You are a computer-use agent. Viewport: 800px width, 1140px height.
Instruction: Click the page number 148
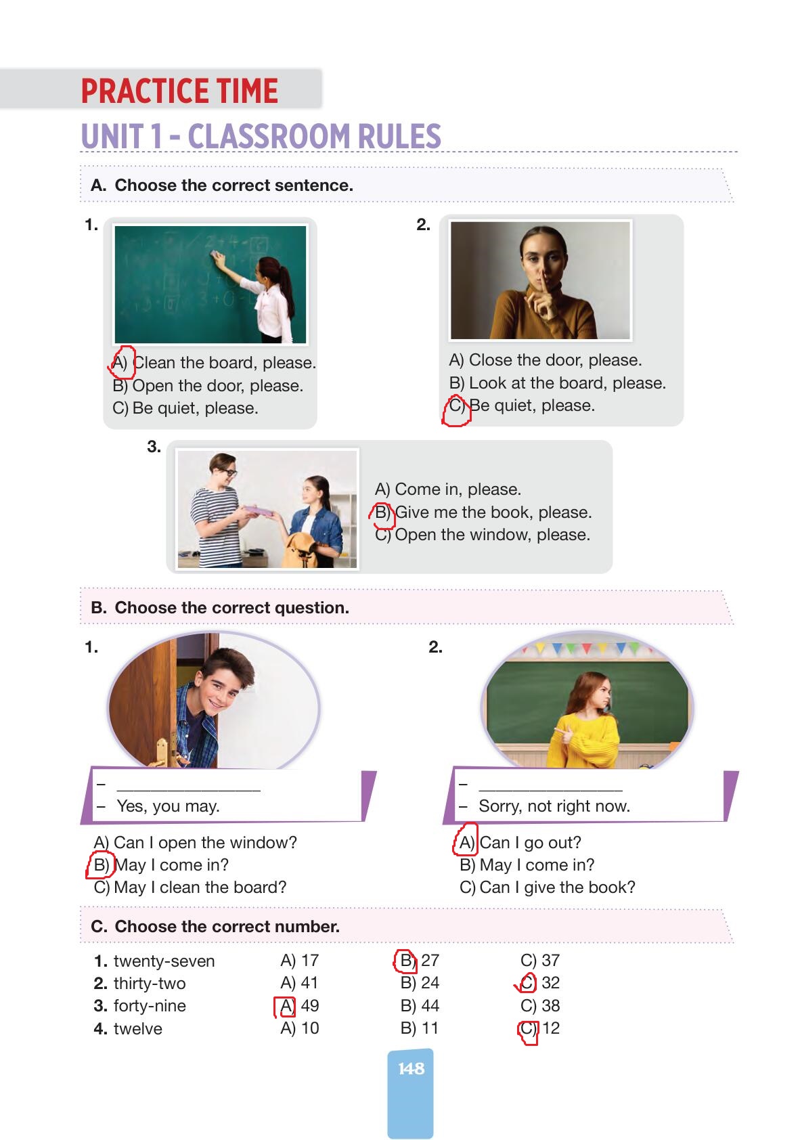click(411, 1068)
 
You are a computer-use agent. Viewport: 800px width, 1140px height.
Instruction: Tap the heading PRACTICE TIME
click(179, 91)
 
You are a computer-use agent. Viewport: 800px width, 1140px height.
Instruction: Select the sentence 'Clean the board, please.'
click(225, 362)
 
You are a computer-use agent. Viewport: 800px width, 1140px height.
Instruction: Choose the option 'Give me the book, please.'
click(493, 512)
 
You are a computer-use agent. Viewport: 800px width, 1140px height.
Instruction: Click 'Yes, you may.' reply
click(168, 806)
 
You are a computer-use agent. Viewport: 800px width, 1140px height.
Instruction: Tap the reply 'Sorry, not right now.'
click(554, 806)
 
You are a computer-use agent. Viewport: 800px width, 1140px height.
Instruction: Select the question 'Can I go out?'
click(530, 843)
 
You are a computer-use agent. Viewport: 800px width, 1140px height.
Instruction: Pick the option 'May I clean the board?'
click(200, 887)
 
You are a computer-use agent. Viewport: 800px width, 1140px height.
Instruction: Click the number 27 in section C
click(430, 961)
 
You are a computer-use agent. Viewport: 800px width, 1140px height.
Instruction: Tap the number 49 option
click(309, 1006)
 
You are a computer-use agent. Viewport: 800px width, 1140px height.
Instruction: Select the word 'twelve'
click(138, 1028)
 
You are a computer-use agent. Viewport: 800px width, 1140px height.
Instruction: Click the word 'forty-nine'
click(150, 1006)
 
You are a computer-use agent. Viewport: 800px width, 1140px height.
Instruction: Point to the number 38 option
click(550, 1006)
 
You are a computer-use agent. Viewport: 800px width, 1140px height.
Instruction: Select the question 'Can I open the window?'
click(205, 843)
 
